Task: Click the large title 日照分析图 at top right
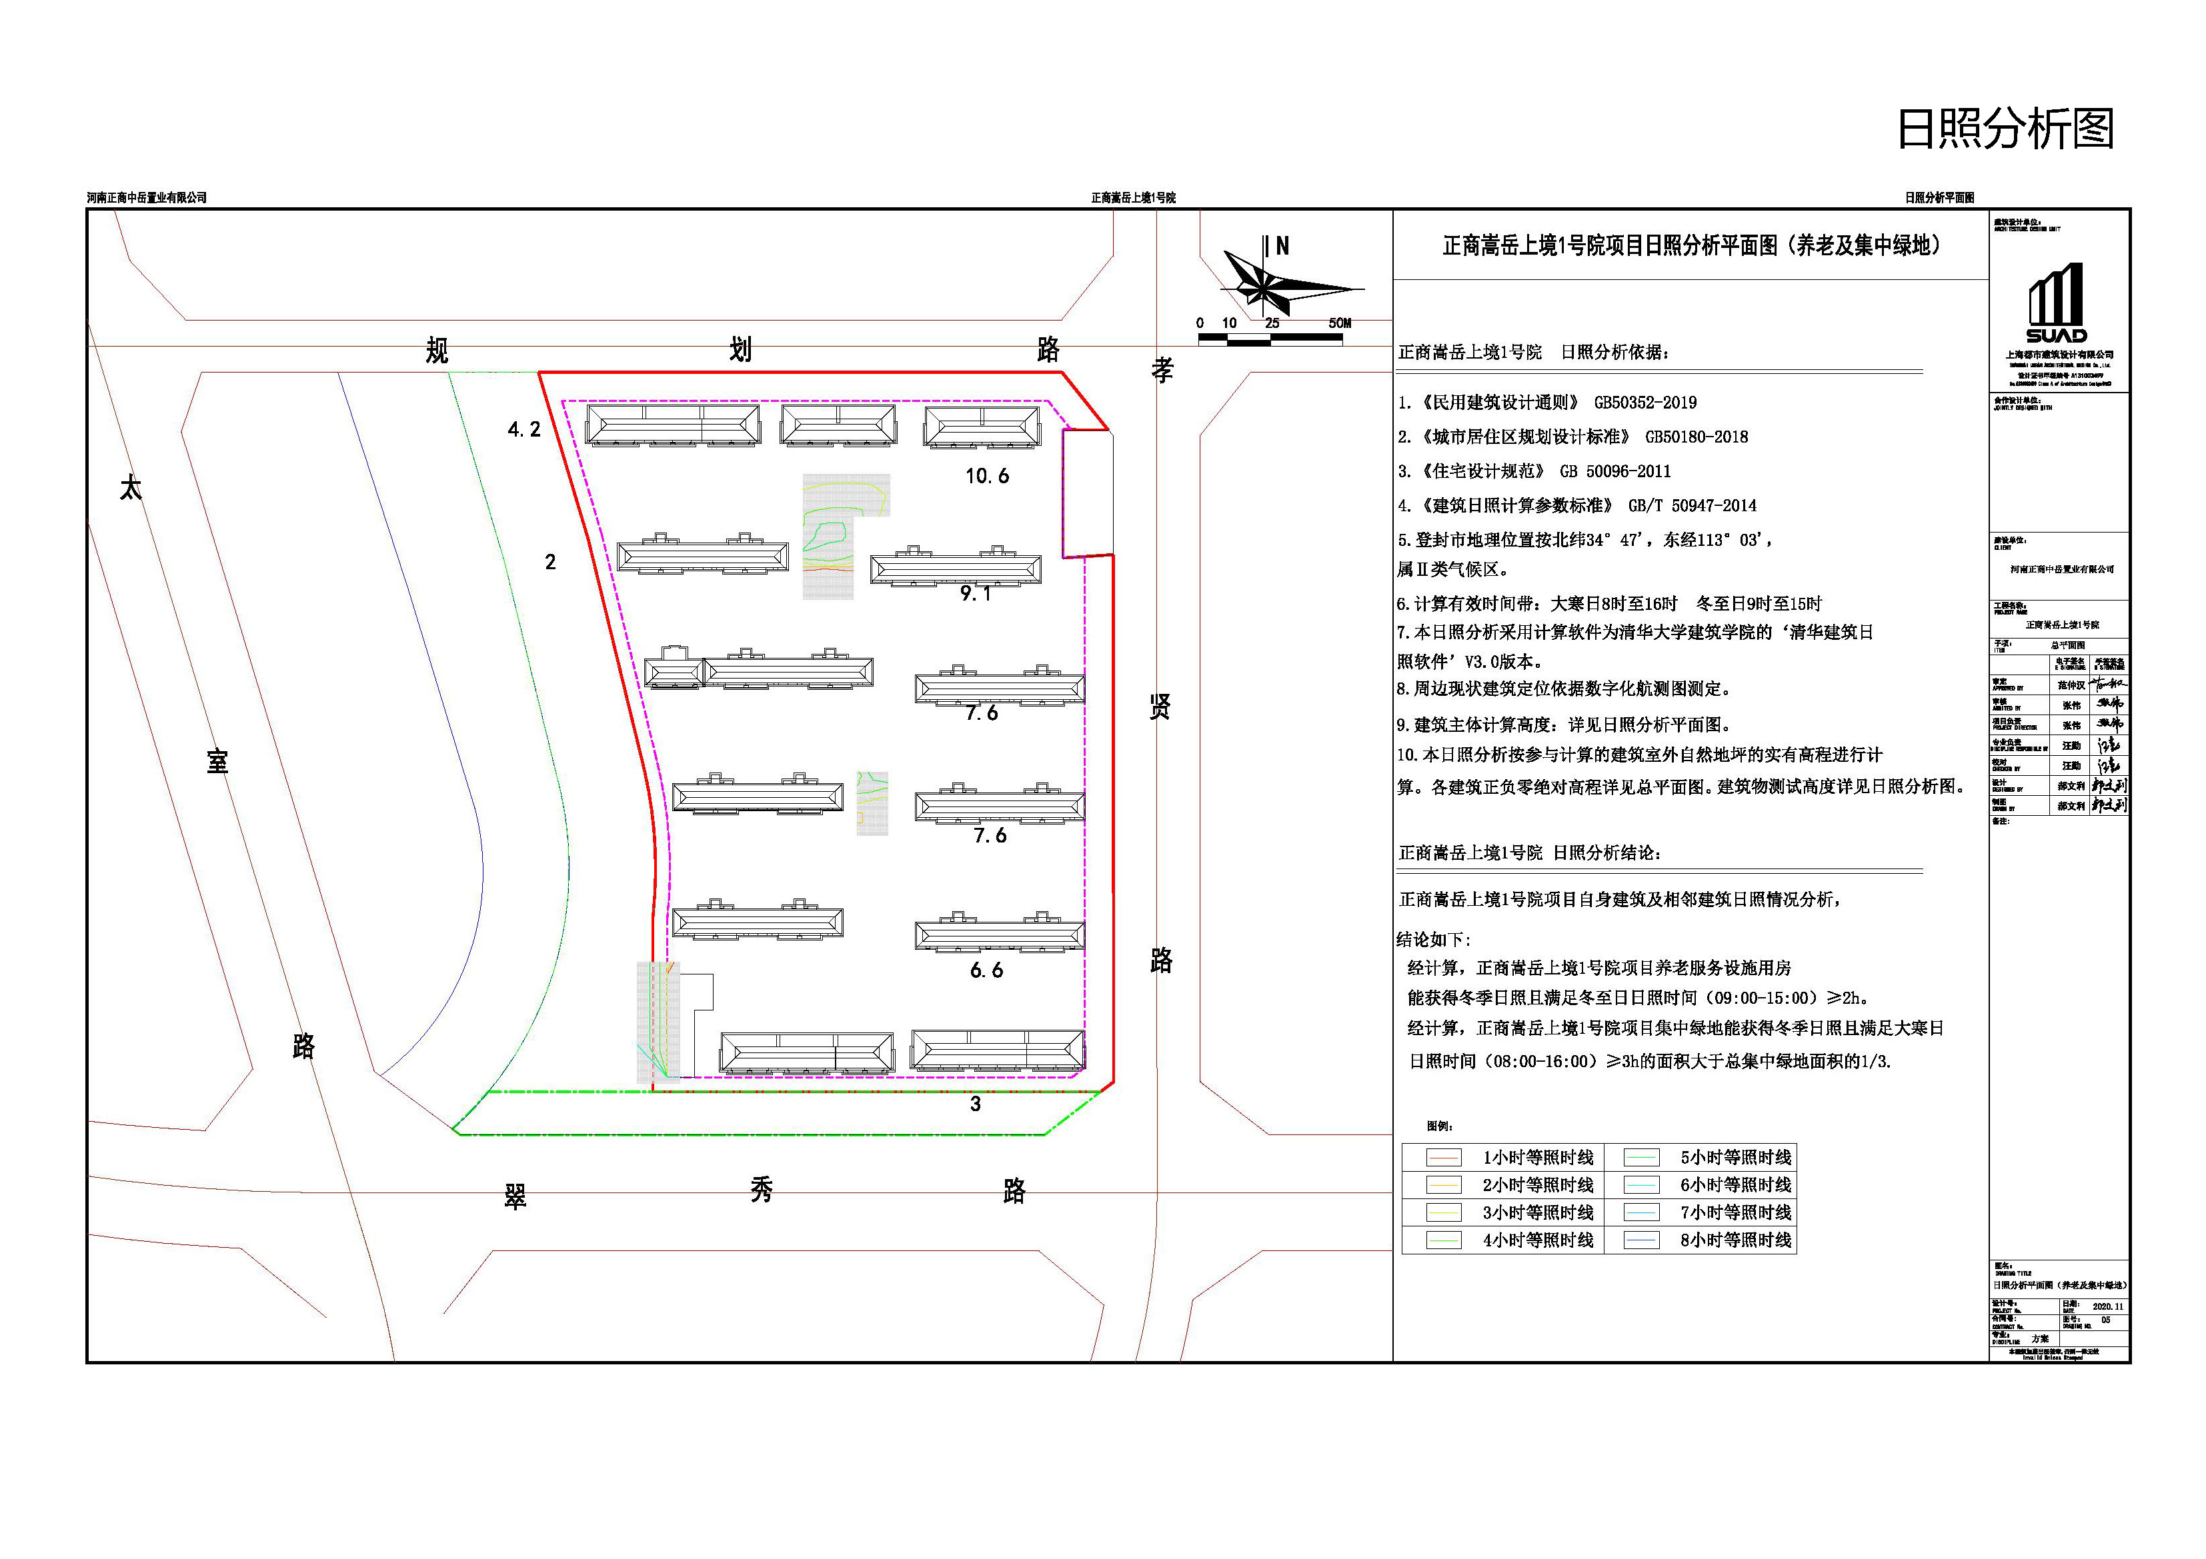click(x=2005, y=129)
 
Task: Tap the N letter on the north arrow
click(x=1282, y=246)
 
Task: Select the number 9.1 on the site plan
click(x=975, y=594)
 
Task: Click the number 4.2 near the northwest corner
click(x=523, y=429)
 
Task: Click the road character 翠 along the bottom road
click(x=515, y=1196)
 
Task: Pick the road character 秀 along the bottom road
click(x=761, y=1191)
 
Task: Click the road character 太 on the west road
click(x=131, y=488)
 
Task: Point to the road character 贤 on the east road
click(x=1160, y=708)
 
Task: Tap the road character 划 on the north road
click(x=740, y=350)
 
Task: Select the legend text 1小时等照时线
click(x=1537, y=1158)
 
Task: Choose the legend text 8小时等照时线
click(x=1735, y=1240)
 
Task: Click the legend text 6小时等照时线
click(x=1735, y=1185)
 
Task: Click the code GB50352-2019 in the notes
click(x=1645, y=403)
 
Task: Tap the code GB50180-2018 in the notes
click(x=1696, y=437)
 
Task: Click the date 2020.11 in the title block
click(x=2108, y=1306)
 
